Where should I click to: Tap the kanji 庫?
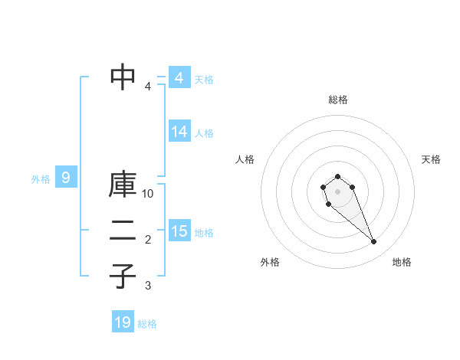click(123, 187)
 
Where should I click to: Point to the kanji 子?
click(123, 277)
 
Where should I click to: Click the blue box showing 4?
click(179, 78)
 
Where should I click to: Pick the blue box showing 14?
click(179, 132)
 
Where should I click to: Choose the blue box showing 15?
click(179, 231)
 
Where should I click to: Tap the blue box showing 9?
click(66, 178)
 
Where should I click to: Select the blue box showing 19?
click(123, 322)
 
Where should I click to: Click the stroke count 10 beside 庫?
click(148, 194)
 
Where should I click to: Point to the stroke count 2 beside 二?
click(148, 240)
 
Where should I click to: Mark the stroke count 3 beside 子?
click(148, 286)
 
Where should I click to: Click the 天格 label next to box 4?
click(204, 79)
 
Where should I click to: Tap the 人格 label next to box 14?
click(204, 133)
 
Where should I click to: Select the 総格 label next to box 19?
click(147, 323)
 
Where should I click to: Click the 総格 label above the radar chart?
click(337, 100)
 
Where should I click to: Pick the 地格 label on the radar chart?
click(402, 262)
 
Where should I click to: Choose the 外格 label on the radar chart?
click(270, 262)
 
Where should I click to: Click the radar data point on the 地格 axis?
click(373, 242)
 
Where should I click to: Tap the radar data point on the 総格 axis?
click(337, 176)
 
